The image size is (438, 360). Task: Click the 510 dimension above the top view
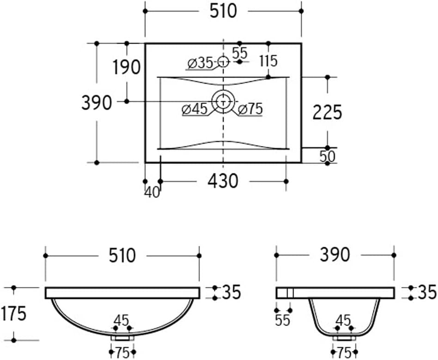click(223, 12)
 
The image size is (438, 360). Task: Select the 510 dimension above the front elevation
click(122, 256)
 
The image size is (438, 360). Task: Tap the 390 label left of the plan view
click(97, 103)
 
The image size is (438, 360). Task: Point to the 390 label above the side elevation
click(335, 255)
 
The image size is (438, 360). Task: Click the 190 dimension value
click(126, 67)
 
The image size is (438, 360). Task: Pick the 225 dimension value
click(327, 112)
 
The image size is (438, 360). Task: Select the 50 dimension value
click(327, 157)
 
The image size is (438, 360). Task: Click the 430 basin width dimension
click(223, 181)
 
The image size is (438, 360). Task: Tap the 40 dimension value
click(152, 192)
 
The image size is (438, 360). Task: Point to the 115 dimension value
click(268, 61)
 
